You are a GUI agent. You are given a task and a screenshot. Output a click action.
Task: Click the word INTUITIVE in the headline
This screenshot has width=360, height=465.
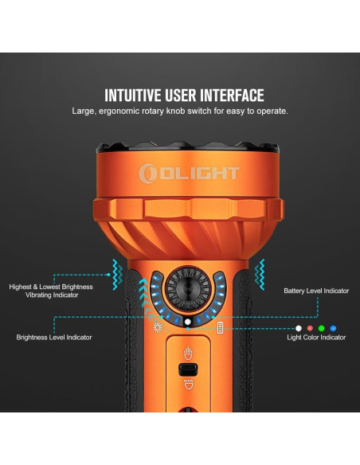click(133, 96)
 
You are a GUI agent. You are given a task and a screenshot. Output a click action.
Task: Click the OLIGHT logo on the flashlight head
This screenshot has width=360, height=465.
click(190, 173)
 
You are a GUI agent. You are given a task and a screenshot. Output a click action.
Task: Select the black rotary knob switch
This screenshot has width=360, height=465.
click(188, 288)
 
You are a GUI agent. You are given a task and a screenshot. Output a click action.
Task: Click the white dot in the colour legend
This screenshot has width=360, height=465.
click(299, 328)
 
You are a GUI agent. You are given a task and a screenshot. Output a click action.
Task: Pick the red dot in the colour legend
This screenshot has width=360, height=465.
click(310, 328)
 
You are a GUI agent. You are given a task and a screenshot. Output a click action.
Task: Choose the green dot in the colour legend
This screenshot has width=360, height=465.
click(322, 328)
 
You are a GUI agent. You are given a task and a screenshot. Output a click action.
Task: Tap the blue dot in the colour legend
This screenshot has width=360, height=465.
click(333, 328)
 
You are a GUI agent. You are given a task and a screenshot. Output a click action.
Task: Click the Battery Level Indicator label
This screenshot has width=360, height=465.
click(316, 291)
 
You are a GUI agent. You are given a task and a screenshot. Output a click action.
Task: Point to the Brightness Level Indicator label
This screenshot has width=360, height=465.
click(54, 337)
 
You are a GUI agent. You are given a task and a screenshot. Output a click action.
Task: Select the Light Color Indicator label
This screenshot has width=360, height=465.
click(316, 338)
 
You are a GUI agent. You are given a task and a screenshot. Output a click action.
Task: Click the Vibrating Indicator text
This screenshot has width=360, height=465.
click(52, 295)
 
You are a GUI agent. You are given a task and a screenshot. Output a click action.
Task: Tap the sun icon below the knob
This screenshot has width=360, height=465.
click(158, 328)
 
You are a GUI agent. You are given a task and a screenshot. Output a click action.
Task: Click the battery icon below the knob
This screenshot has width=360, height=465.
click(220, 328)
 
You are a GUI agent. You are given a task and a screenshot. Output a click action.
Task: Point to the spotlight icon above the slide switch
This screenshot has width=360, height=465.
click(188, 354)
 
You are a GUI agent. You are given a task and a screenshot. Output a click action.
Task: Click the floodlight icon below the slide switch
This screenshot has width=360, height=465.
click(188, 385)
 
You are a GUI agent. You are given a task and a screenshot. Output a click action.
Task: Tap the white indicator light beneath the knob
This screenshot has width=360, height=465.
click(188, 322)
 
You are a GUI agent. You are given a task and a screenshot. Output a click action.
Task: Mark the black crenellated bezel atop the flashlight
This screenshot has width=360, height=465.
click(188, 147)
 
